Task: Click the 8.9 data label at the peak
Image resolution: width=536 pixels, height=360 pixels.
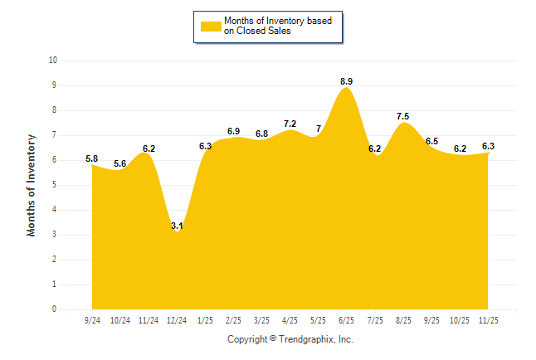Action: [347, 81]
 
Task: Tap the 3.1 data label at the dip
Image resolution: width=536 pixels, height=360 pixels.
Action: [177, 226]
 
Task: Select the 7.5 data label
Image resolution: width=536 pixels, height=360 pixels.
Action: [403, 116]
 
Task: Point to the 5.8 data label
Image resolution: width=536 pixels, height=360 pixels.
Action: [91, 158]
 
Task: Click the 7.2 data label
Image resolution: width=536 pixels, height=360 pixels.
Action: [290, 124]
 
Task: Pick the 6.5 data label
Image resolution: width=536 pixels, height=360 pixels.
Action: [432, 141]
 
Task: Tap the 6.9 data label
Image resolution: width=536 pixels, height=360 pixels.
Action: [233, 131]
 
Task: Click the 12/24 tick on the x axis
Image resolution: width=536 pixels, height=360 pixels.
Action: [177, 320]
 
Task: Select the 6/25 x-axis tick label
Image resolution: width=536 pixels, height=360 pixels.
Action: [347, 320]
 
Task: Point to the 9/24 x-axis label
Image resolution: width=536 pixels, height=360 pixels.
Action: [91, 320]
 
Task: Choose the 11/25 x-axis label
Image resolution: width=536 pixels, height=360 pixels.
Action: [489, 320]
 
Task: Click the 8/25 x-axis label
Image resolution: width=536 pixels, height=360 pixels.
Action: [403, 320]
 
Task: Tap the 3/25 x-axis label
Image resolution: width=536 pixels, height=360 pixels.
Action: [261, 320]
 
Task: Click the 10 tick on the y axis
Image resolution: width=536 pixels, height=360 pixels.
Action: [53, 61]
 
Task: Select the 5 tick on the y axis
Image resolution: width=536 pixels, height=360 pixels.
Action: [55, 185]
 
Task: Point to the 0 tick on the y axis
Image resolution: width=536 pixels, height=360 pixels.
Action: [55, 309]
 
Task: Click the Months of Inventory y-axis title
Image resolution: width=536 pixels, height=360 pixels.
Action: [32, 185]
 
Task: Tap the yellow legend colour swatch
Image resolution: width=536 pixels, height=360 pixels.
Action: [211, 26]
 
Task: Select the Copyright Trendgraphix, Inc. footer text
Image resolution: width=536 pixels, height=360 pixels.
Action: [290, 339]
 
